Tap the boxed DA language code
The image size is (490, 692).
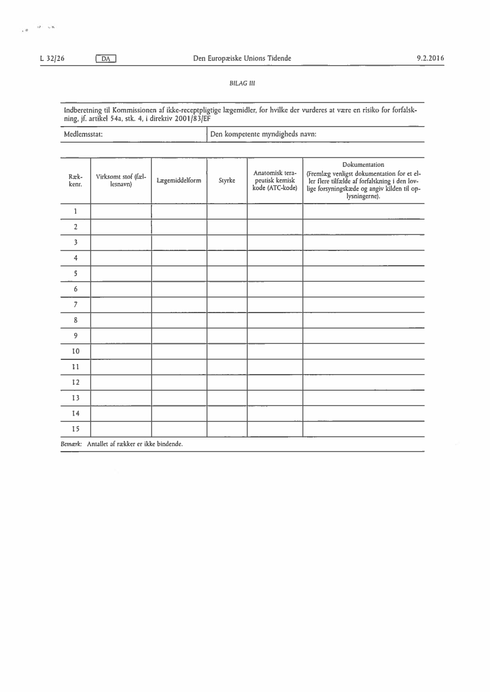106,58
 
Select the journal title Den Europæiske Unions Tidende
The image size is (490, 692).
242,58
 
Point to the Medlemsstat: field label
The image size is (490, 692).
84,135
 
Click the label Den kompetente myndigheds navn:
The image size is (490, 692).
263,135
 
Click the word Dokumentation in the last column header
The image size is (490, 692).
363,165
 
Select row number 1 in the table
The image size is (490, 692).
76,211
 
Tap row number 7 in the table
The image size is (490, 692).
76,304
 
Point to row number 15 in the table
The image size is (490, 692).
76,429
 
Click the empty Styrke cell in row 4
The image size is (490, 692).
227,258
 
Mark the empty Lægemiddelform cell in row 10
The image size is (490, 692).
179,351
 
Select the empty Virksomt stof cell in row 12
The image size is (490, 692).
121,382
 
